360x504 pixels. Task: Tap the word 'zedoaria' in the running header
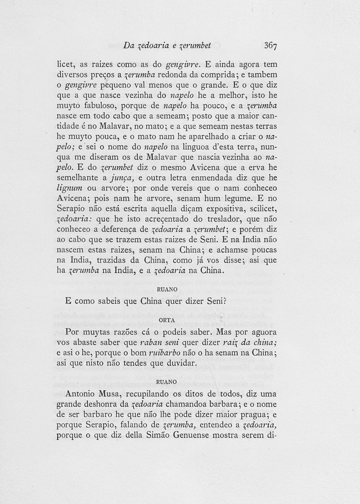(x=150, y=45)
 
